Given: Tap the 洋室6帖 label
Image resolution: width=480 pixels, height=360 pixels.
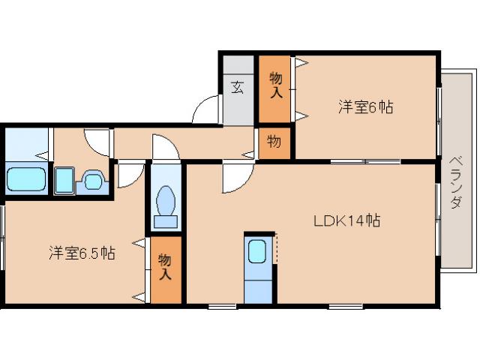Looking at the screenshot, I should coord(364,107).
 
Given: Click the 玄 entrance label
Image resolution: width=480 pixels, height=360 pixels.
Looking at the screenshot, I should coord(238,87).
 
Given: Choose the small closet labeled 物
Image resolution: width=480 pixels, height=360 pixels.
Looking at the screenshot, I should coord(274,141).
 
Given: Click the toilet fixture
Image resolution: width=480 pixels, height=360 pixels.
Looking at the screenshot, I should coord(165,201).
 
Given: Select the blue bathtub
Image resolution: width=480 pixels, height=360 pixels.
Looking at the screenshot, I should coord(26,180).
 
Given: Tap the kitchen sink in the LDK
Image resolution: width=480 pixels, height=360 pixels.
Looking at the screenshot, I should coord(256,252).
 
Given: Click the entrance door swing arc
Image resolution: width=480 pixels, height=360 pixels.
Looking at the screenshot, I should coord(203,110).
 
